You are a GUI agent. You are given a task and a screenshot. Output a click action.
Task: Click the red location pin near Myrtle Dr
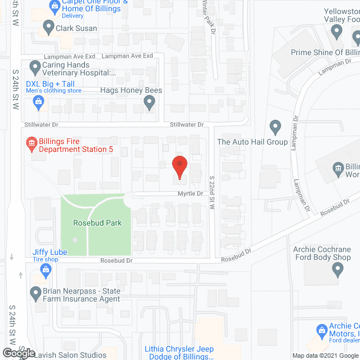tap(179, 167)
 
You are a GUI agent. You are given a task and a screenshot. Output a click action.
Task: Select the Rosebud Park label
tap(97, 223)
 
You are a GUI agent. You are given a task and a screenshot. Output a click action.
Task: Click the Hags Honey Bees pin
tap(149, 102)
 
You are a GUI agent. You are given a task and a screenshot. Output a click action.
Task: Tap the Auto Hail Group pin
tap(275, 127)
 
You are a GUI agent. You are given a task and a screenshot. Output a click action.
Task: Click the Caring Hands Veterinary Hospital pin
tap(35, 67)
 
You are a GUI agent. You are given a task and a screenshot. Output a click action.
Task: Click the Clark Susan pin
tap(48, 27)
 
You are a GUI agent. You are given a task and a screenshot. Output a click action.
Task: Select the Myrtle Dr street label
tap(191, 193)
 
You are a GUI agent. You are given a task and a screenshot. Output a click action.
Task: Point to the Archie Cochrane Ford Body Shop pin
tap(337, 270)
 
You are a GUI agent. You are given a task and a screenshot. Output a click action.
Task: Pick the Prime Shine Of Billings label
tap(325, 52)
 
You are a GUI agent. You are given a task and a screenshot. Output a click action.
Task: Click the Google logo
tap(19, 353)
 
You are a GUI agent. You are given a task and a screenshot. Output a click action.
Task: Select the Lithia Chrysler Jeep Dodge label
tap(179, 353)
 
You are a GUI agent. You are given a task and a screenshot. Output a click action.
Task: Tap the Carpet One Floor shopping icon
tap(55, 7)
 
